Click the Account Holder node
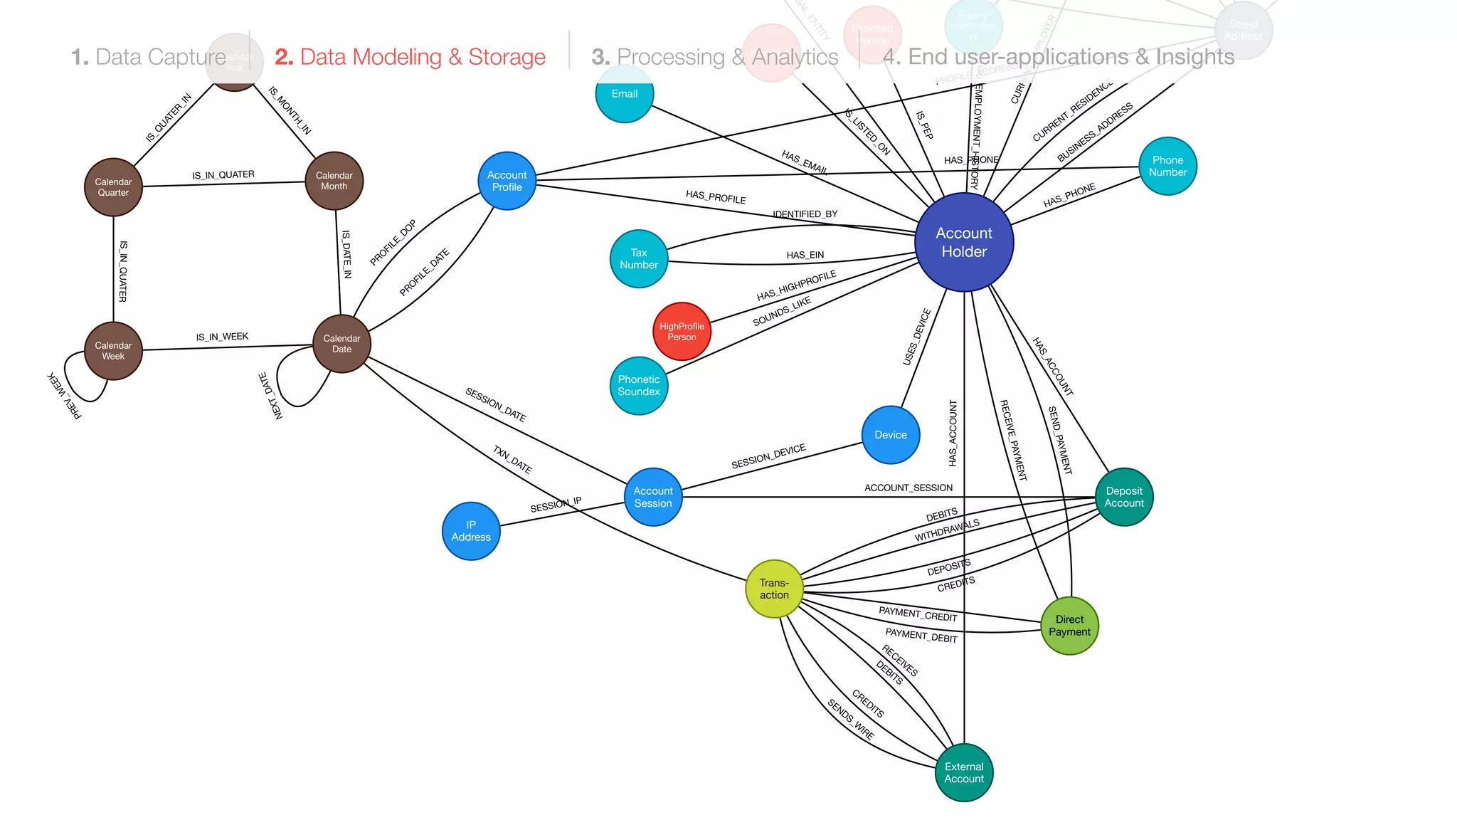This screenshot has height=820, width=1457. coord(964,242)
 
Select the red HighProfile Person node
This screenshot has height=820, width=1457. coord(682,332)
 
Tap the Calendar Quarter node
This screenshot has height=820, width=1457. coord(113,187)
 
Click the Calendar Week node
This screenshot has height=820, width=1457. coord(113,351)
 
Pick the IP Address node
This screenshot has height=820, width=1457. coord(471,531)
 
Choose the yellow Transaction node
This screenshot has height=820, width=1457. coord(774,589)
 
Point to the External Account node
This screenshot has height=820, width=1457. coord(964,772)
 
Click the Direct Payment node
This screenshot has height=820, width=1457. coord(1069,626)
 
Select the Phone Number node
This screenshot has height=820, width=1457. coord(1167,166)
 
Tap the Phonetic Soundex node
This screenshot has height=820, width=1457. coord(639,385)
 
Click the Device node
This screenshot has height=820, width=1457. coord(891,435)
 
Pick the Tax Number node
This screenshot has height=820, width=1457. coord(639,258)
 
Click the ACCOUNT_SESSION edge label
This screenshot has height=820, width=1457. coord(908,488)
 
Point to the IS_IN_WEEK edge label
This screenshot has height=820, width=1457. coord(222,337)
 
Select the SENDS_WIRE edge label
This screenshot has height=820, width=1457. coord(851,720)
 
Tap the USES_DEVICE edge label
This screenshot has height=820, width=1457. coord(916,337)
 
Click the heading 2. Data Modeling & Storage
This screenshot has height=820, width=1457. coord(410,57)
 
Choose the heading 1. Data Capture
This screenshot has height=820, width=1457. coord(148,57)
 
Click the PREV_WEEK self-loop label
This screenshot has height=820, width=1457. coord(64,395)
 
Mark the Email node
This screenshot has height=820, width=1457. coord(624,94)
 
